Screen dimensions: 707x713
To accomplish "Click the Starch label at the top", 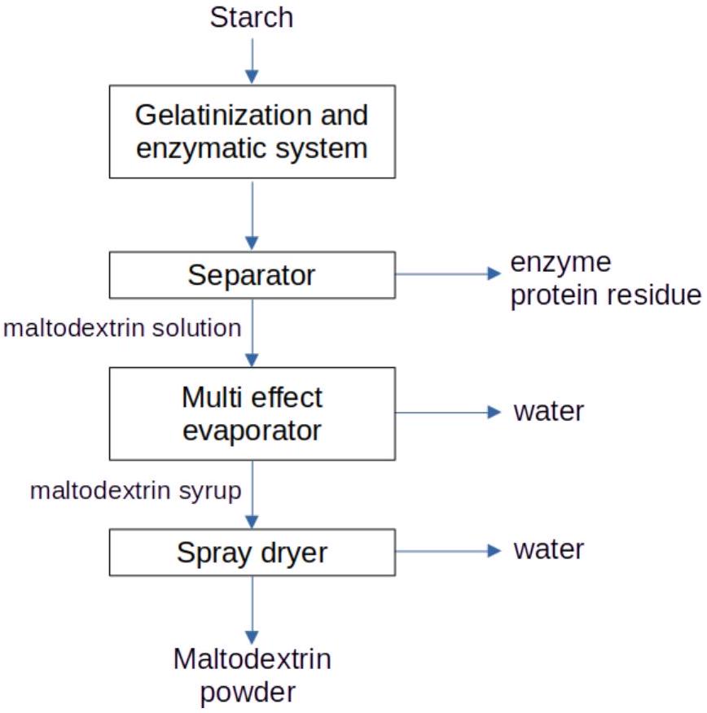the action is (252, 18).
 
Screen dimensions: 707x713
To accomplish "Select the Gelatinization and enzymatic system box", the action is (252, 131).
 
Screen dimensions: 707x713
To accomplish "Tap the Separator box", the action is (252, 275).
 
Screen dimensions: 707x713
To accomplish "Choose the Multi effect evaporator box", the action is (252, 413).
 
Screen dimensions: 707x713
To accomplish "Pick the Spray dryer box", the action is (252, 553).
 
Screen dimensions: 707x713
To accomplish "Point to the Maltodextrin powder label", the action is (252, 676).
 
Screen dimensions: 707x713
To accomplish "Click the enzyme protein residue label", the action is (605, 279).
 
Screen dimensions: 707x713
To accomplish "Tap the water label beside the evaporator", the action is (549, 412).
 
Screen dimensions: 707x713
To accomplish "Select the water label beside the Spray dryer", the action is (549, 549).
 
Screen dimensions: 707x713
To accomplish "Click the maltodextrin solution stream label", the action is (122, 328).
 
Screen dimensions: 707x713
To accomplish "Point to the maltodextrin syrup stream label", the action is (135, 492).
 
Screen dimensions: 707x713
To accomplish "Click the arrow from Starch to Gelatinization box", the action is (252, 61).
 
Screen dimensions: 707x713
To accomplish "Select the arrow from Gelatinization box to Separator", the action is (252, 216).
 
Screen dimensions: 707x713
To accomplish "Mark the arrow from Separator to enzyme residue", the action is (448, 273).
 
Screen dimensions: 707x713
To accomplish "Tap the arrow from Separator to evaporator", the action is (252, 333).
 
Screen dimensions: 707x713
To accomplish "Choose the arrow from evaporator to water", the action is (448, 413).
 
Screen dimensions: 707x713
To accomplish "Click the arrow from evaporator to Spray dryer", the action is (252, 495).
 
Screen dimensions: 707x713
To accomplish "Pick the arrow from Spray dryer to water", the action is (448, 551).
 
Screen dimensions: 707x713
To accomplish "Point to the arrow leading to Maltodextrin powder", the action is (252, 610).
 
